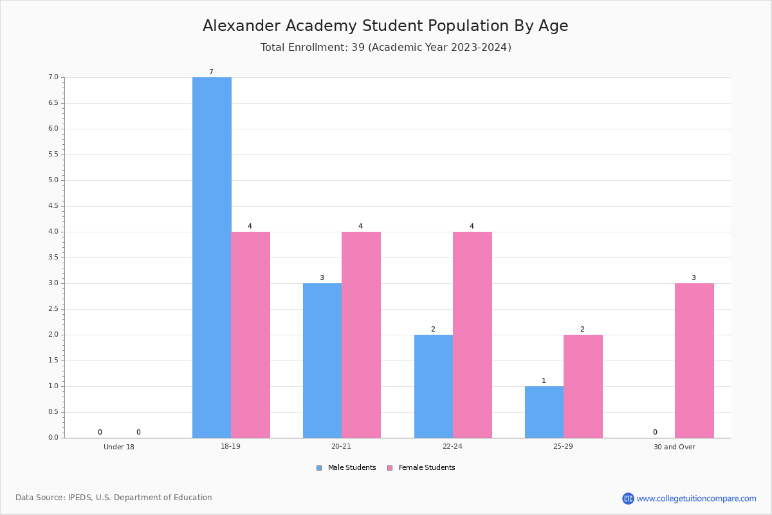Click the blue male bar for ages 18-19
(x=212, y=257)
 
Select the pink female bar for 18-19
(x=250, y=335)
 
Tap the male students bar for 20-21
(x=322, y=360)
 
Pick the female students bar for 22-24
(x=472, y=335)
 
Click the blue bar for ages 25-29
(x=544, y=412)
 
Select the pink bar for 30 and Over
(x=694, y=360)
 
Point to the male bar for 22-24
(x=434, y=386)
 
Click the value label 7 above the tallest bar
(x=211, y=71)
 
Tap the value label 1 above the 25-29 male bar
(x=544, y=380)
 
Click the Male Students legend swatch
(x=319, y=468)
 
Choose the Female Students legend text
(x=427, y=467)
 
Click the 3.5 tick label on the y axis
(x=53, y=257)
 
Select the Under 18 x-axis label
(x=119, y=447)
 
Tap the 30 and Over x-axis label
(x=674, y=447)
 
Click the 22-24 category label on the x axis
(x=452, y=446)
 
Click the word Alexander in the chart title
(x=241, y=26)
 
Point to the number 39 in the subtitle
(x=358, y=47)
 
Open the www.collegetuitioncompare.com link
(x=697, y=498)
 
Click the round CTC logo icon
(x=628, y=498)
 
